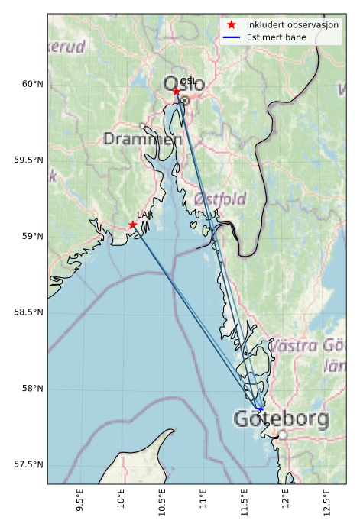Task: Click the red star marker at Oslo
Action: coord(177,91)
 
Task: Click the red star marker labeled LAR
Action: coord(133,225)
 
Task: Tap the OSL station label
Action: coord(188,81)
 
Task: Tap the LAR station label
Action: coord(145,215)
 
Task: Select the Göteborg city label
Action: coord(281,419)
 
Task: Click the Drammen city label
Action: coord(142,139)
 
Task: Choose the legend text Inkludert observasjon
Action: coord(293,25)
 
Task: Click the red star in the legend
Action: coord(232,25)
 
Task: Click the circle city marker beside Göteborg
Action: coord(283,434)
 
